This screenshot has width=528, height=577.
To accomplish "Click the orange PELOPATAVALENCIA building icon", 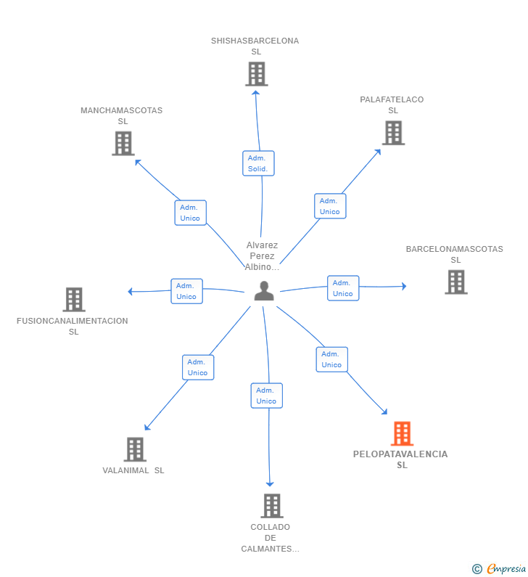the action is pos(402,433).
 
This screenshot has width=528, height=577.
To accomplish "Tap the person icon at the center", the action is pos(264,291).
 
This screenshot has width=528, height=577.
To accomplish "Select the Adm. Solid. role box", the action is pos(258,163).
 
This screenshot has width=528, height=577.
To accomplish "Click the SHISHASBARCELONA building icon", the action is pos(257,74).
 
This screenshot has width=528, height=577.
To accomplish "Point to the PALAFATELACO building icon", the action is pos(393,133).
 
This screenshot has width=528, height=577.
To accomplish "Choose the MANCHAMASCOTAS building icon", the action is pos(123,144).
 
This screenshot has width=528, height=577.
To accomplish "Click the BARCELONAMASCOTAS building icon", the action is pos(456,282).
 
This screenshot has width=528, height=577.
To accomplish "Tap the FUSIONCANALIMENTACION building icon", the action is pos(74,300).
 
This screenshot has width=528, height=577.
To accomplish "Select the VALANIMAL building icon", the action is pos(135,449).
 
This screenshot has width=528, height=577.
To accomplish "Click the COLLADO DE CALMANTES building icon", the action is pos(272,506).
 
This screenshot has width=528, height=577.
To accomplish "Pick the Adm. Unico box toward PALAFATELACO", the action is pos(330,206).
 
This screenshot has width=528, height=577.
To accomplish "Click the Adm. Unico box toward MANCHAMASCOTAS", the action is pos(191,213).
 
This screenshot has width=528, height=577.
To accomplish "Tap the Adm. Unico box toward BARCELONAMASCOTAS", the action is pos(343,288).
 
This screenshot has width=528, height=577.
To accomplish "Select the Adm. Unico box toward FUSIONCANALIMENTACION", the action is pos(187,291).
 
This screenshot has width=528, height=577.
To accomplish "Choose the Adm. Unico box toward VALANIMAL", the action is pos(198,367).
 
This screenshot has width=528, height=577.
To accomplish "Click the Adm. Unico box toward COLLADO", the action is pos(267,396).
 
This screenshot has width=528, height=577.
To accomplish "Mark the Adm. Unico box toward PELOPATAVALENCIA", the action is pos(332,359).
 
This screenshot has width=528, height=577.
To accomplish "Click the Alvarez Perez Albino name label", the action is pos(262,255).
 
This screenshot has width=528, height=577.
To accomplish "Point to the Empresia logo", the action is pos(499,568).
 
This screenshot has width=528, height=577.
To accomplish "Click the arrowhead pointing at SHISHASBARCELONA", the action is pos(256,94).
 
